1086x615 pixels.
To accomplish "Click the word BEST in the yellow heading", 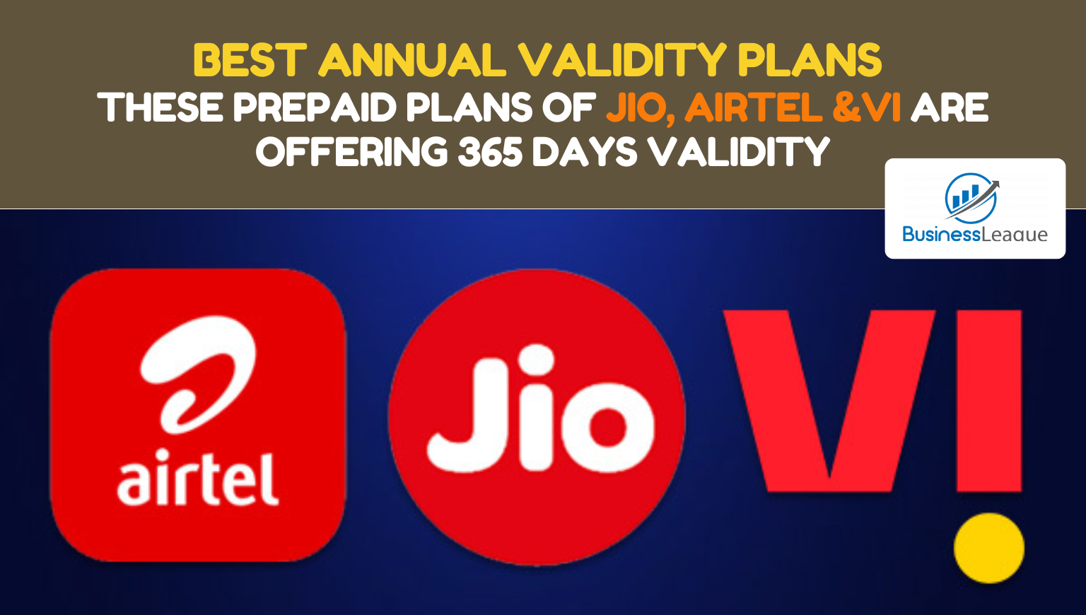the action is (x=250, y=60).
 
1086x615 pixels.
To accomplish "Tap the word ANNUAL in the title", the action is (x=412, y=60).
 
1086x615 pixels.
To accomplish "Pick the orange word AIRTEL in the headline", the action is (x=754, y=107).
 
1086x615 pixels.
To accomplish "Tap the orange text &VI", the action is (x=867, y=107).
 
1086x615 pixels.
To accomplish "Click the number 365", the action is (x=491, y=152).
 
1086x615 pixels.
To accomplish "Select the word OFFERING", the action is (x=352, y=152).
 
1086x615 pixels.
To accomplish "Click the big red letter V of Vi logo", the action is (x=829, y=400).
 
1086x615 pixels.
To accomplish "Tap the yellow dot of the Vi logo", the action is (x=989, y=548).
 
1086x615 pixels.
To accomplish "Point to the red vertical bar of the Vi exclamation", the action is (x=989, y=401).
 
